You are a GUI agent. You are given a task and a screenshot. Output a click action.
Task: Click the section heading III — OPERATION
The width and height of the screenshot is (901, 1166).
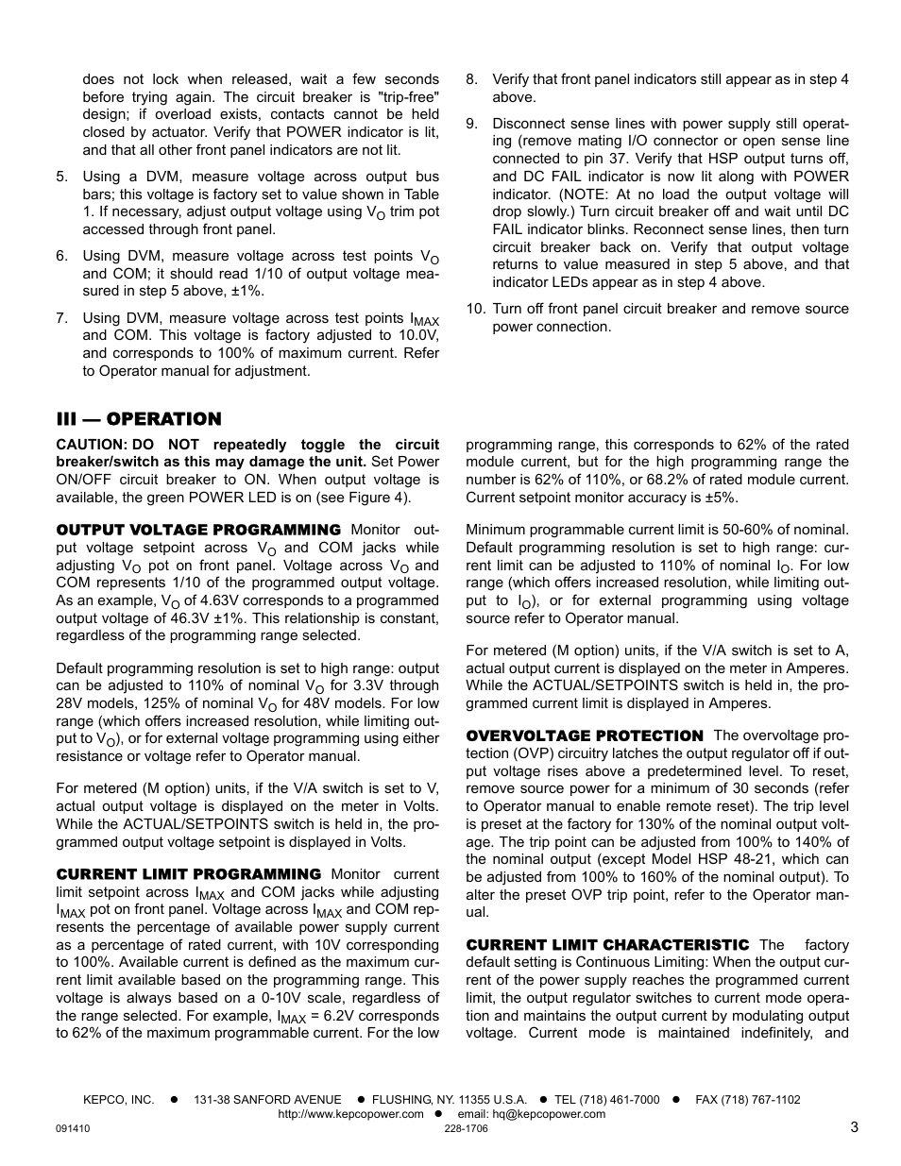(138, 419)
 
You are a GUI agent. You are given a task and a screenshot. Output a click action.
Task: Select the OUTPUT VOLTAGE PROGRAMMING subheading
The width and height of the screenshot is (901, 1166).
(198, 530)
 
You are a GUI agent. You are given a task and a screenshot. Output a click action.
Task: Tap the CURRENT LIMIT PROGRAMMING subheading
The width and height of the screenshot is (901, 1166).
(188, 874)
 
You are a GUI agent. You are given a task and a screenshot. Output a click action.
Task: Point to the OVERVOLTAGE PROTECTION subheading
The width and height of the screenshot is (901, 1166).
(584, 735)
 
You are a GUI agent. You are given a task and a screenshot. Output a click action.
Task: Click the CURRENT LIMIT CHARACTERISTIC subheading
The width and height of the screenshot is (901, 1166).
(606, 944)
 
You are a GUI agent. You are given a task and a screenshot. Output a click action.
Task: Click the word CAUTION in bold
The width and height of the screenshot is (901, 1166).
(90, 445)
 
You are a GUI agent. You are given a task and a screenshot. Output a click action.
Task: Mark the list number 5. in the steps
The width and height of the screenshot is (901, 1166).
(62, 177)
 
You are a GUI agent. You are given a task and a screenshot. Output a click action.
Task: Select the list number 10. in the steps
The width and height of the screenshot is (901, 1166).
(475, 309)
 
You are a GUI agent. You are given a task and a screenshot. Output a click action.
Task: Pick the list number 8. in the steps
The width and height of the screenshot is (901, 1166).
(472, 79)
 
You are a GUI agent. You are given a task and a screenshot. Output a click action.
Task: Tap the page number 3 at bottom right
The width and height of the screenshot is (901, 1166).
(853, 1126)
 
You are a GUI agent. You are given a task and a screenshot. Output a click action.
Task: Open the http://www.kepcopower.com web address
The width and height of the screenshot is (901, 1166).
(350, 1114)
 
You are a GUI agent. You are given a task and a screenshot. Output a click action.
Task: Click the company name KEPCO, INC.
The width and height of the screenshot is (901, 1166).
(118, 1100)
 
